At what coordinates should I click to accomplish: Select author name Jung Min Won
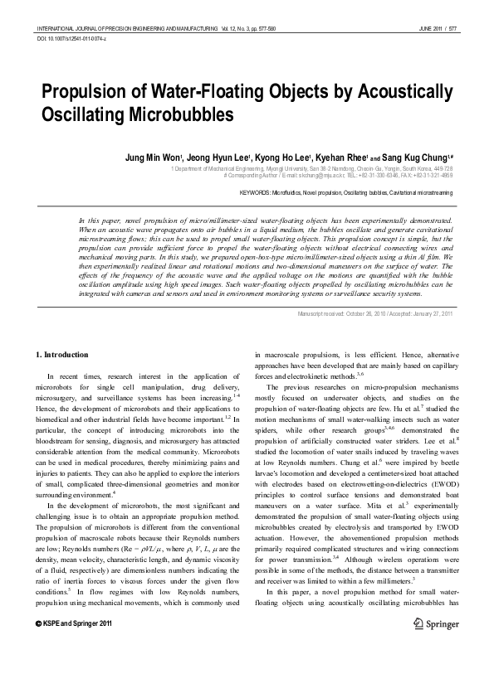pos(152,156)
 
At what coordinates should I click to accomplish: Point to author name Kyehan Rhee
pos(338,156)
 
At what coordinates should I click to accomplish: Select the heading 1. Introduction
pos(62,356)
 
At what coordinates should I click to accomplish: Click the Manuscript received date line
pos(374,313)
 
